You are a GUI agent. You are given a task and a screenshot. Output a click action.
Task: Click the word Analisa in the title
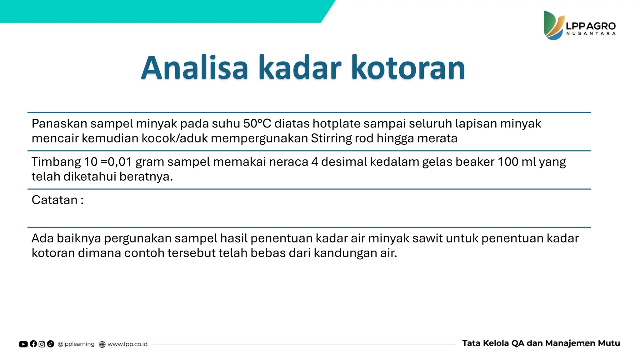pos(194,68)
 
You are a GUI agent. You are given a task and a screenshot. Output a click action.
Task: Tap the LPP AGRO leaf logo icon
pos(553,26)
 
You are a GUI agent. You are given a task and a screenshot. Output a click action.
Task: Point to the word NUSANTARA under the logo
pos(591,34)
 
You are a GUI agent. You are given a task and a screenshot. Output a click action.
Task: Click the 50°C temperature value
pos(257,124)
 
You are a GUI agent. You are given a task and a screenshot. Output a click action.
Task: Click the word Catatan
pos(54,200)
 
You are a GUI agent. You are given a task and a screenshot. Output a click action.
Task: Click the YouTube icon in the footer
pos(23,344)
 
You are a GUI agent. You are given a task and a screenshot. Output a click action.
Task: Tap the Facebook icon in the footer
pos(33,344)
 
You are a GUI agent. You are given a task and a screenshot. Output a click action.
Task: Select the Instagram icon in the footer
pos(42,344)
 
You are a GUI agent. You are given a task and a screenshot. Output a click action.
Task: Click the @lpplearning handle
pos(76,344)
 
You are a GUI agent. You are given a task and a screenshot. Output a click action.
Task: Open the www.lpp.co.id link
pos(127,344)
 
